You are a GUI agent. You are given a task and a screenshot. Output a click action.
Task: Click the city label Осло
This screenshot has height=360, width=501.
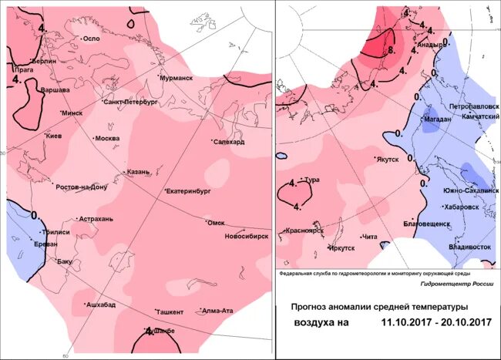pyautogui.click(x=92, y=39)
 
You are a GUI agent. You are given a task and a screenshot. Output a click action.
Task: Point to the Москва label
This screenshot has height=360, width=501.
pyautogui.click(x=107, y=139)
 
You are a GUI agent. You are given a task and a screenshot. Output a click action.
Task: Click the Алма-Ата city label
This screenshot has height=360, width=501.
pyautogui.click(x=217, y=311)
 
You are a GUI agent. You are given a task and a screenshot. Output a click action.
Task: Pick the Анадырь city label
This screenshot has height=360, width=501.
pyautogui.click(x=429, y=45)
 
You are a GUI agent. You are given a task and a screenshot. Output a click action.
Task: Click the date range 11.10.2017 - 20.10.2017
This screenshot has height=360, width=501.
pyautogui.click(x=436, y=322)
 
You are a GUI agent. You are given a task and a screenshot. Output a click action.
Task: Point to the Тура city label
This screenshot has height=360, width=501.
pyautogui.click(x=312, y=180)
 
